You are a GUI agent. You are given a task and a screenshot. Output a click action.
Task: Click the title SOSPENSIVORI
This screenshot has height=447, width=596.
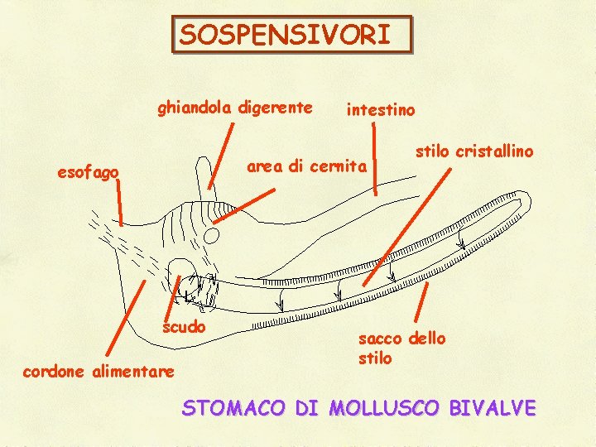coord(291,36)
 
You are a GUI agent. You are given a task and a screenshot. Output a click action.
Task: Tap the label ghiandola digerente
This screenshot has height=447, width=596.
coord(235,108)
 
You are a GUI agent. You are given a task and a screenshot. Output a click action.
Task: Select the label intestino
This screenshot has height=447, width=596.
coord(381,109)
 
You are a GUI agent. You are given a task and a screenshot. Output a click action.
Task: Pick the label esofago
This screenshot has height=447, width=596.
coord(88,172)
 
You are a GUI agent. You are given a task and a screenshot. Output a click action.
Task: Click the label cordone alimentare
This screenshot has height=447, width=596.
coord(99,371)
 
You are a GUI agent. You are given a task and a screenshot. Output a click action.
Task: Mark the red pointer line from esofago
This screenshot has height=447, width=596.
coord(119,202)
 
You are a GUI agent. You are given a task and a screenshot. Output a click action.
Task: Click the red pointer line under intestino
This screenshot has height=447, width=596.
coord(374,157)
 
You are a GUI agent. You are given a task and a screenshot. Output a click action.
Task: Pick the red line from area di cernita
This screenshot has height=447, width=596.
coord(246,204)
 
